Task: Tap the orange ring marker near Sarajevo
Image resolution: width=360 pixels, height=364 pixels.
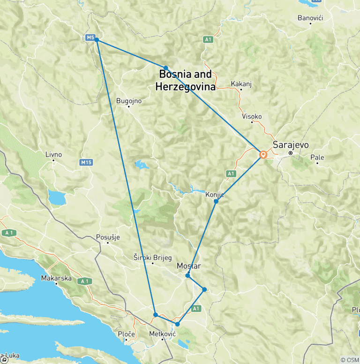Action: [x=263, y=154]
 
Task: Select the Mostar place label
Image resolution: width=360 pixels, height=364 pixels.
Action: [x=188, y=266]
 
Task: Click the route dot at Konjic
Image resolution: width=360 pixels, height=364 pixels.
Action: [x=216, y=201]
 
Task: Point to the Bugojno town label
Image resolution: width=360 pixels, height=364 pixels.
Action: [x=128, y=100]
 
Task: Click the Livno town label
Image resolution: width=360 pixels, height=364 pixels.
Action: [x=53, y=154]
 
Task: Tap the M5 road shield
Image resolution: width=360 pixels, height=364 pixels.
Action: [x=90, y=37]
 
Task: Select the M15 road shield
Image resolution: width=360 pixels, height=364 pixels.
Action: [x=85, y=162]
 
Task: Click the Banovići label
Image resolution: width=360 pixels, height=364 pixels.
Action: [x=310, y=18]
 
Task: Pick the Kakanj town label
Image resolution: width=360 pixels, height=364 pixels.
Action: [x=241, y=84]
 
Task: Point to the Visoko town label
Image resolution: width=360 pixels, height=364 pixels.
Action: [x=252, y=116]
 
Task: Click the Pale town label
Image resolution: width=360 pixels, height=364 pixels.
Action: [x=320, y=157]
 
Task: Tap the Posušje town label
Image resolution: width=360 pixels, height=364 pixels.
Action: [x=107, y=237]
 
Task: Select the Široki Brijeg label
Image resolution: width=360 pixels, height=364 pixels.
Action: [x=153, y=258]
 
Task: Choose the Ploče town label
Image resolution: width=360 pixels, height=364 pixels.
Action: [x=127, y=334]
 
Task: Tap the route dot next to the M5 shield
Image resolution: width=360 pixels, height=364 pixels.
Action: [x=97, y=40]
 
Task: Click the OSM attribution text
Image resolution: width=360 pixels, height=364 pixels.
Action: [x=349, y=360]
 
